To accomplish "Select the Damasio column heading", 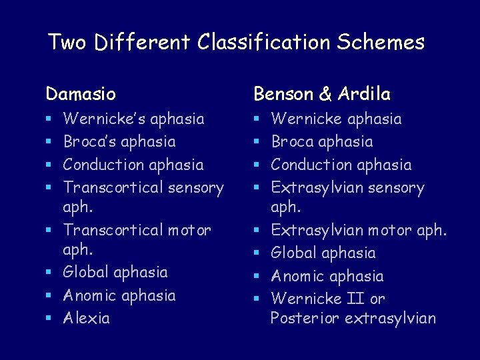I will pos(80,93).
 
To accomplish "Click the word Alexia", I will pos(87,318).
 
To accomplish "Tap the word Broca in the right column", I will pos(294,141).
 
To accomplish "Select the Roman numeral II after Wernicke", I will pos(357,298).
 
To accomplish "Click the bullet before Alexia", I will pos(49,319).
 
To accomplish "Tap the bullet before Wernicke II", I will pos(257,299).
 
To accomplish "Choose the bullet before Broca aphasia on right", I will pos(257,142).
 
